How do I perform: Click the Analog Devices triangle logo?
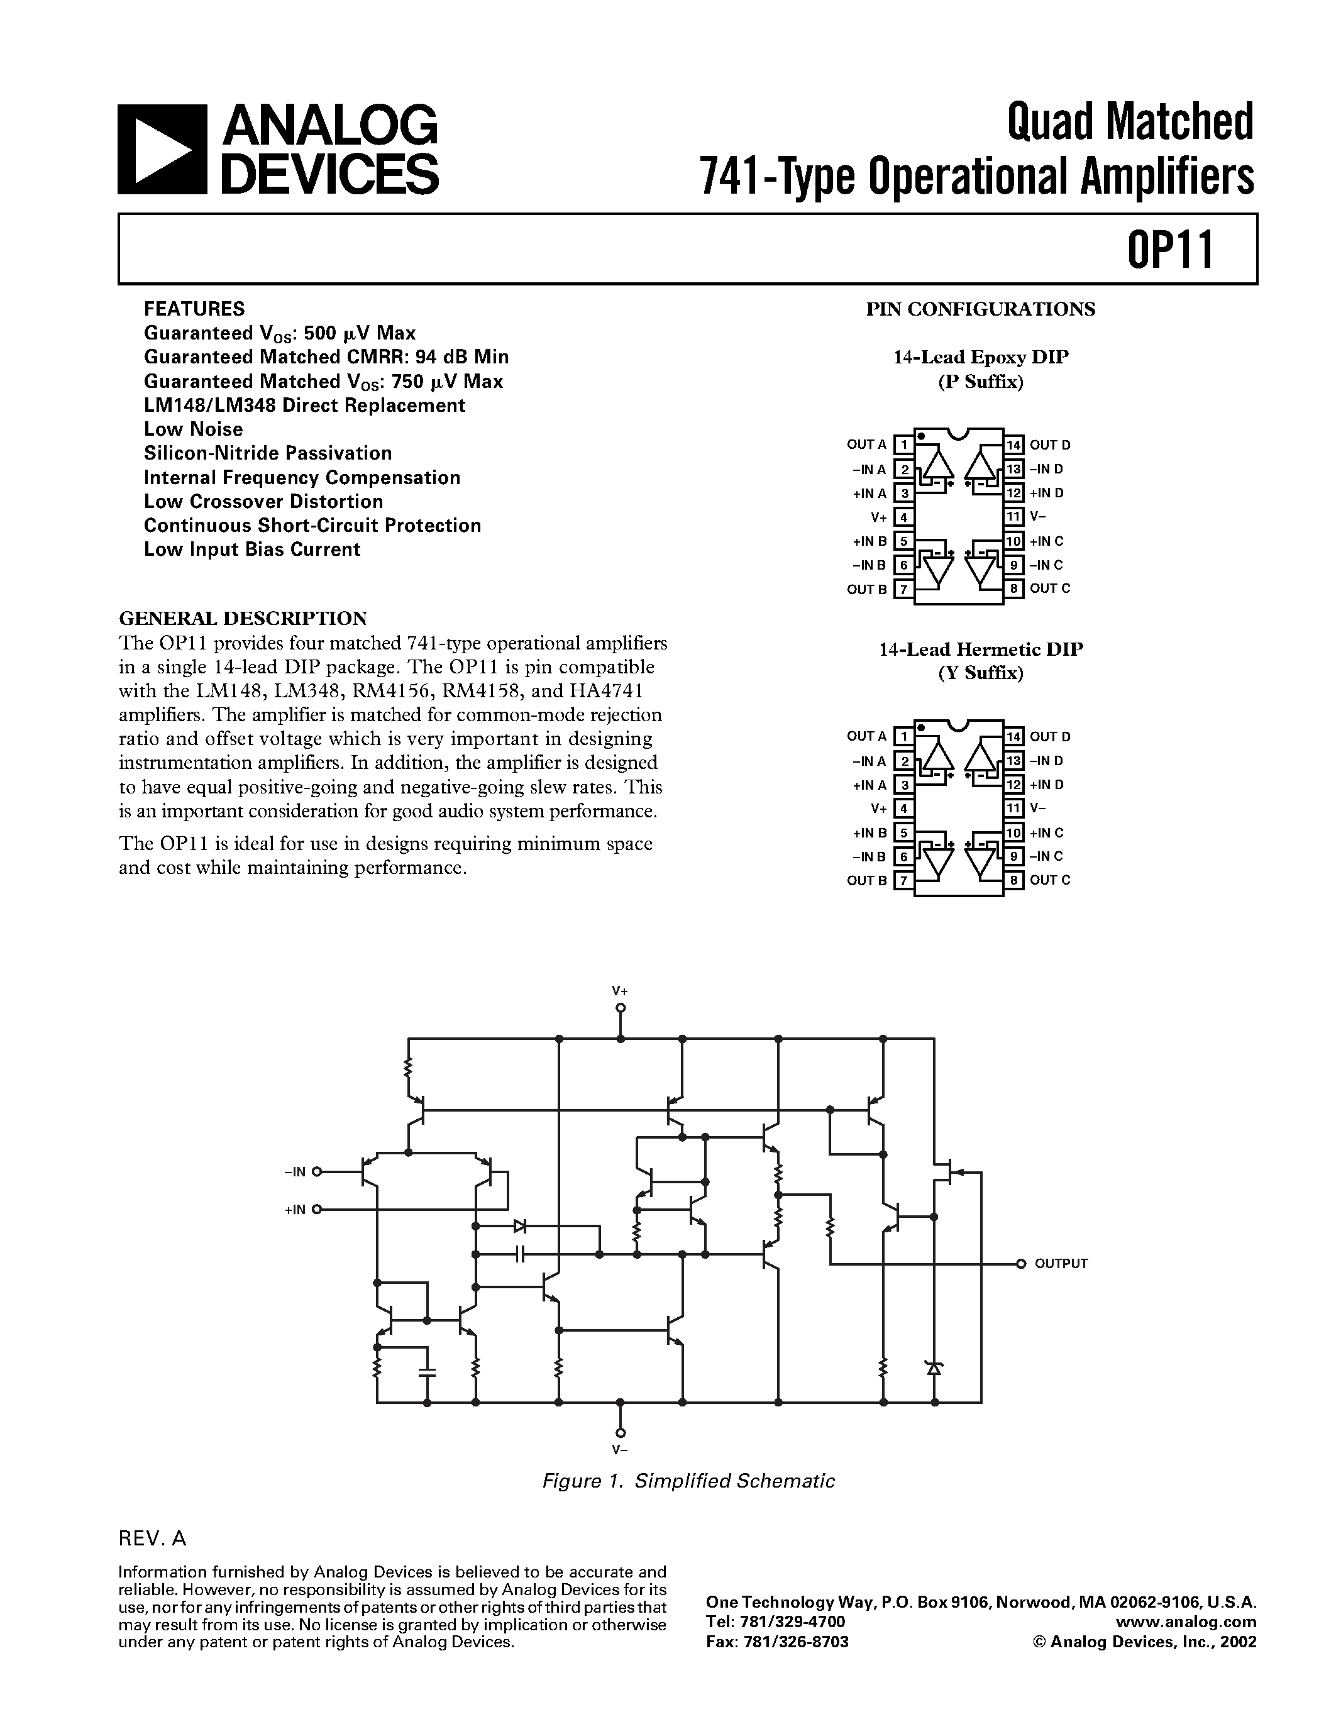162,149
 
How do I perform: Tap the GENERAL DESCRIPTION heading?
243,617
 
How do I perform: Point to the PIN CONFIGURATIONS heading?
981,309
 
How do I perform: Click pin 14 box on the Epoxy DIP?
1014,445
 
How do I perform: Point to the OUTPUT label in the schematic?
1061,1264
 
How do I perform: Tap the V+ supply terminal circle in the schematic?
621,1008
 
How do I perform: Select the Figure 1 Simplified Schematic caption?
688,1481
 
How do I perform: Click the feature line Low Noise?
193,429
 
